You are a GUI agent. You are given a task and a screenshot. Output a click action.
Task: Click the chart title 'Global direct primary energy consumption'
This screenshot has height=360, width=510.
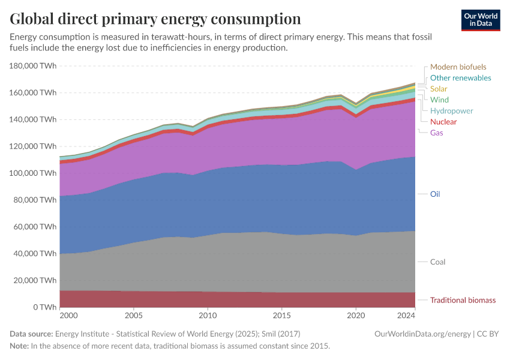click(155, 19)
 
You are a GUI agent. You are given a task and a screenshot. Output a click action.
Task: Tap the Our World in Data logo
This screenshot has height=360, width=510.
click(480, 20)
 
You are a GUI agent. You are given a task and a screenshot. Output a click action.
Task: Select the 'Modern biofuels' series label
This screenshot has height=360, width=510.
click(458, 67)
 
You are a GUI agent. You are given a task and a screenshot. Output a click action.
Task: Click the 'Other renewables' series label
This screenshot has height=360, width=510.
click(460, 78)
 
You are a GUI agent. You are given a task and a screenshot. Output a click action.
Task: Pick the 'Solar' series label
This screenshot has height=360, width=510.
click(439, 89)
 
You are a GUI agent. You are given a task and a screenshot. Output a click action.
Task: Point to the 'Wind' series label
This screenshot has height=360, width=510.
click(439, 100)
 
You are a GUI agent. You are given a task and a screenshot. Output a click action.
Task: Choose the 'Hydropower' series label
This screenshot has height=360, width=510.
click(451, 111)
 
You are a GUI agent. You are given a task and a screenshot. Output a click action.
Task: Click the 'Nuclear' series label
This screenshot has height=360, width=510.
click(443, 122)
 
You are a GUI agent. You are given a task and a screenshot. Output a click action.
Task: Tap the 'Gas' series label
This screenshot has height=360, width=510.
click(436, 133)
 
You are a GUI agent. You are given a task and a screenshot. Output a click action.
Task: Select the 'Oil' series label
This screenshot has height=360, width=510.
click(435, 194)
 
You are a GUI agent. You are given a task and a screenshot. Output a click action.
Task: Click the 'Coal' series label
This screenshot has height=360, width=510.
click(437, 262)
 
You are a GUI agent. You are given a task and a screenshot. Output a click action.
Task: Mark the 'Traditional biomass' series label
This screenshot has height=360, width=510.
click(463, 300)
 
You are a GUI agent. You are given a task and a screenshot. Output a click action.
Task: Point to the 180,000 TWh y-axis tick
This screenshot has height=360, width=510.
click(34, 66)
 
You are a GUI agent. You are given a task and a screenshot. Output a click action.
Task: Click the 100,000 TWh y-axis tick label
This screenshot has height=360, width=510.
click(34, 173)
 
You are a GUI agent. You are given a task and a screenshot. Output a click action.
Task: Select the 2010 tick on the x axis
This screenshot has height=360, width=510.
click(208, 315)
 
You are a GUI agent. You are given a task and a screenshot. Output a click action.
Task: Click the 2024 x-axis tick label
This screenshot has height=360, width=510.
click(406, 315)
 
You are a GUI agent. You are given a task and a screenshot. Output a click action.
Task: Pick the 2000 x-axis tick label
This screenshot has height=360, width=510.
click(68, 315)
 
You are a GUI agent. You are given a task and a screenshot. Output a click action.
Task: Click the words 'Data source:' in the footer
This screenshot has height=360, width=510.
click(31, 334)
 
